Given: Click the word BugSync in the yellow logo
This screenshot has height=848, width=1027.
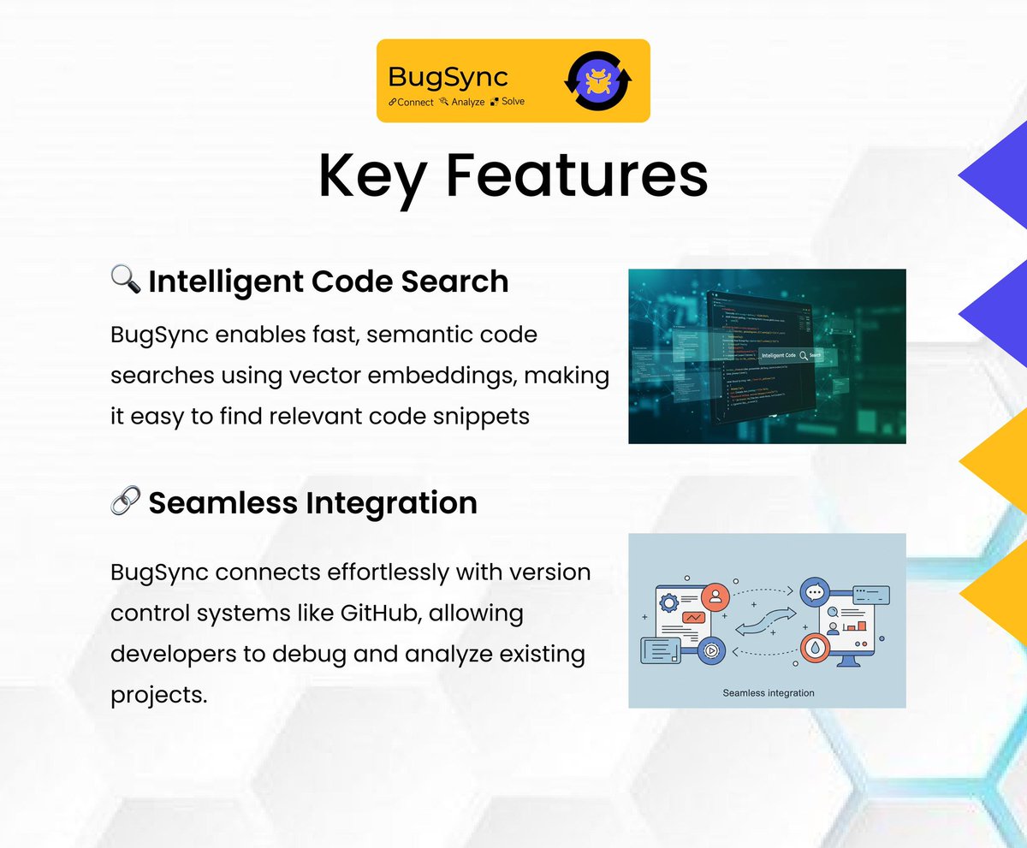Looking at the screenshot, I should tap(448, 76).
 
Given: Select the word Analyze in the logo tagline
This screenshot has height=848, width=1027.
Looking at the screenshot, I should tap(467, 102).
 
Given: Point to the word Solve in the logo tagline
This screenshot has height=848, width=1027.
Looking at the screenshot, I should tap(513, 102).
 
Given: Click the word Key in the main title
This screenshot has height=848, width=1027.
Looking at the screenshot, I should tap(371, 175).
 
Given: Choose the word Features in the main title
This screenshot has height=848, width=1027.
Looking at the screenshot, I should tap(578, 175).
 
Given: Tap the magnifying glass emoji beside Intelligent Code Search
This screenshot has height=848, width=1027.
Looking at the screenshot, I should tap(126, 279).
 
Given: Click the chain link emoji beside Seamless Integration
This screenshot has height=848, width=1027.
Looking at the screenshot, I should tap(126, 501).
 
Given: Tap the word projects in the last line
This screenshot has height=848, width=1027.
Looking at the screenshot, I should tap(159, 695).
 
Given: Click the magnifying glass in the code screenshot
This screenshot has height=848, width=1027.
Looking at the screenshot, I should tap(803, 355).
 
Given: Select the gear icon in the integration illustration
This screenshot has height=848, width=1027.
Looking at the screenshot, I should tap(668, 602).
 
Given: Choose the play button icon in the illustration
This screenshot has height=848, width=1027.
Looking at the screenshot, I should tap(710, 651).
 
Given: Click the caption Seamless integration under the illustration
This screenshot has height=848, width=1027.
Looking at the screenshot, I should tap(768, 692).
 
